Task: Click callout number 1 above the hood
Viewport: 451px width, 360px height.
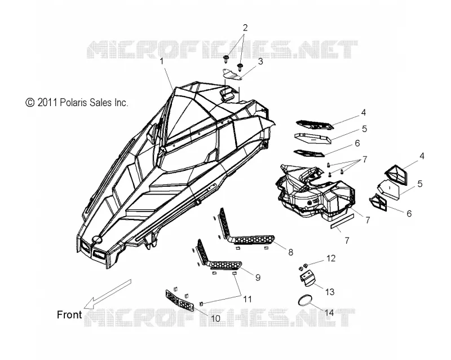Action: [162, 61]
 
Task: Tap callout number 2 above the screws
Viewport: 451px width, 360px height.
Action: [245, 28]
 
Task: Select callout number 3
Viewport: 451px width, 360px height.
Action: [260, 62]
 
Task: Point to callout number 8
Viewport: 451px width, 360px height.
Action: [290, 252]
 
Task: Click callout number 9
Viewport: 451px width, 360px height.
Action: [258, 278]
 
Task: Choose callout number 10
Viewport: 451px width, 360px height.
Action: [215, 318]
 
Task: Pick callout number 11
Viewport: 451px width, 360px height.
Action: [247, 299]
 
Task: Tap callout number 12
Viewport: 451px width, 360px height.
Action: [331, 258]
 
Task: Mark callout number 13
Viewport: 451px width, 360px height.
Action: [330, 292]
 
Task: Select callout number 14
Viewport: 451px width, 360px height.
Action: [329, 313]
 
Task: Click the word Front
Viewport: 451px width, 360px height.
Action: [69, 314]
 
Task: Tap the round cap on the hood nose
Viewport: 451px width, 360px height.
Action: [96, 239]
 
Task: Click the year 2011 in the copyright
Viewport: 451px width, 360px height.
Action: [47, 103]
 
